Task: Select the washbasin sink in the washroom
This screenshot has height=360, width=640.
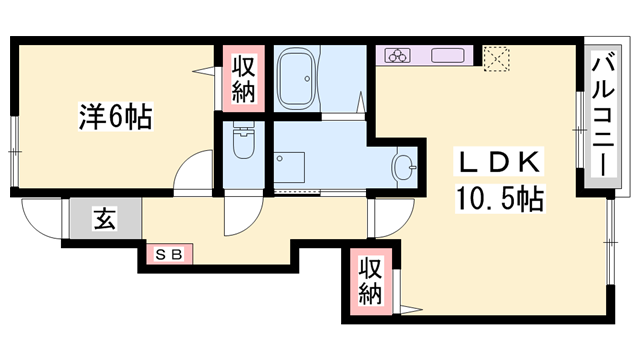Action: tap(403, 167)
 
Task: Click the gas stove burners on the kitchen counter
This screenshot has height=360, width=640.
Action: tap(397, 55)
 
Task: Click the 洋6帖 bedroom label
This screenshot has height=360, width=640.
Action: tap(115, 118)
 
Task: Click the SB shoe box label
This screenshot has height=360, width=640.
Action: tap(168, 254)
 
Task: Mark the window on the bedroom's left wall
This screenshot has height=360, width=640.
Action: tap(13, 150)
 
